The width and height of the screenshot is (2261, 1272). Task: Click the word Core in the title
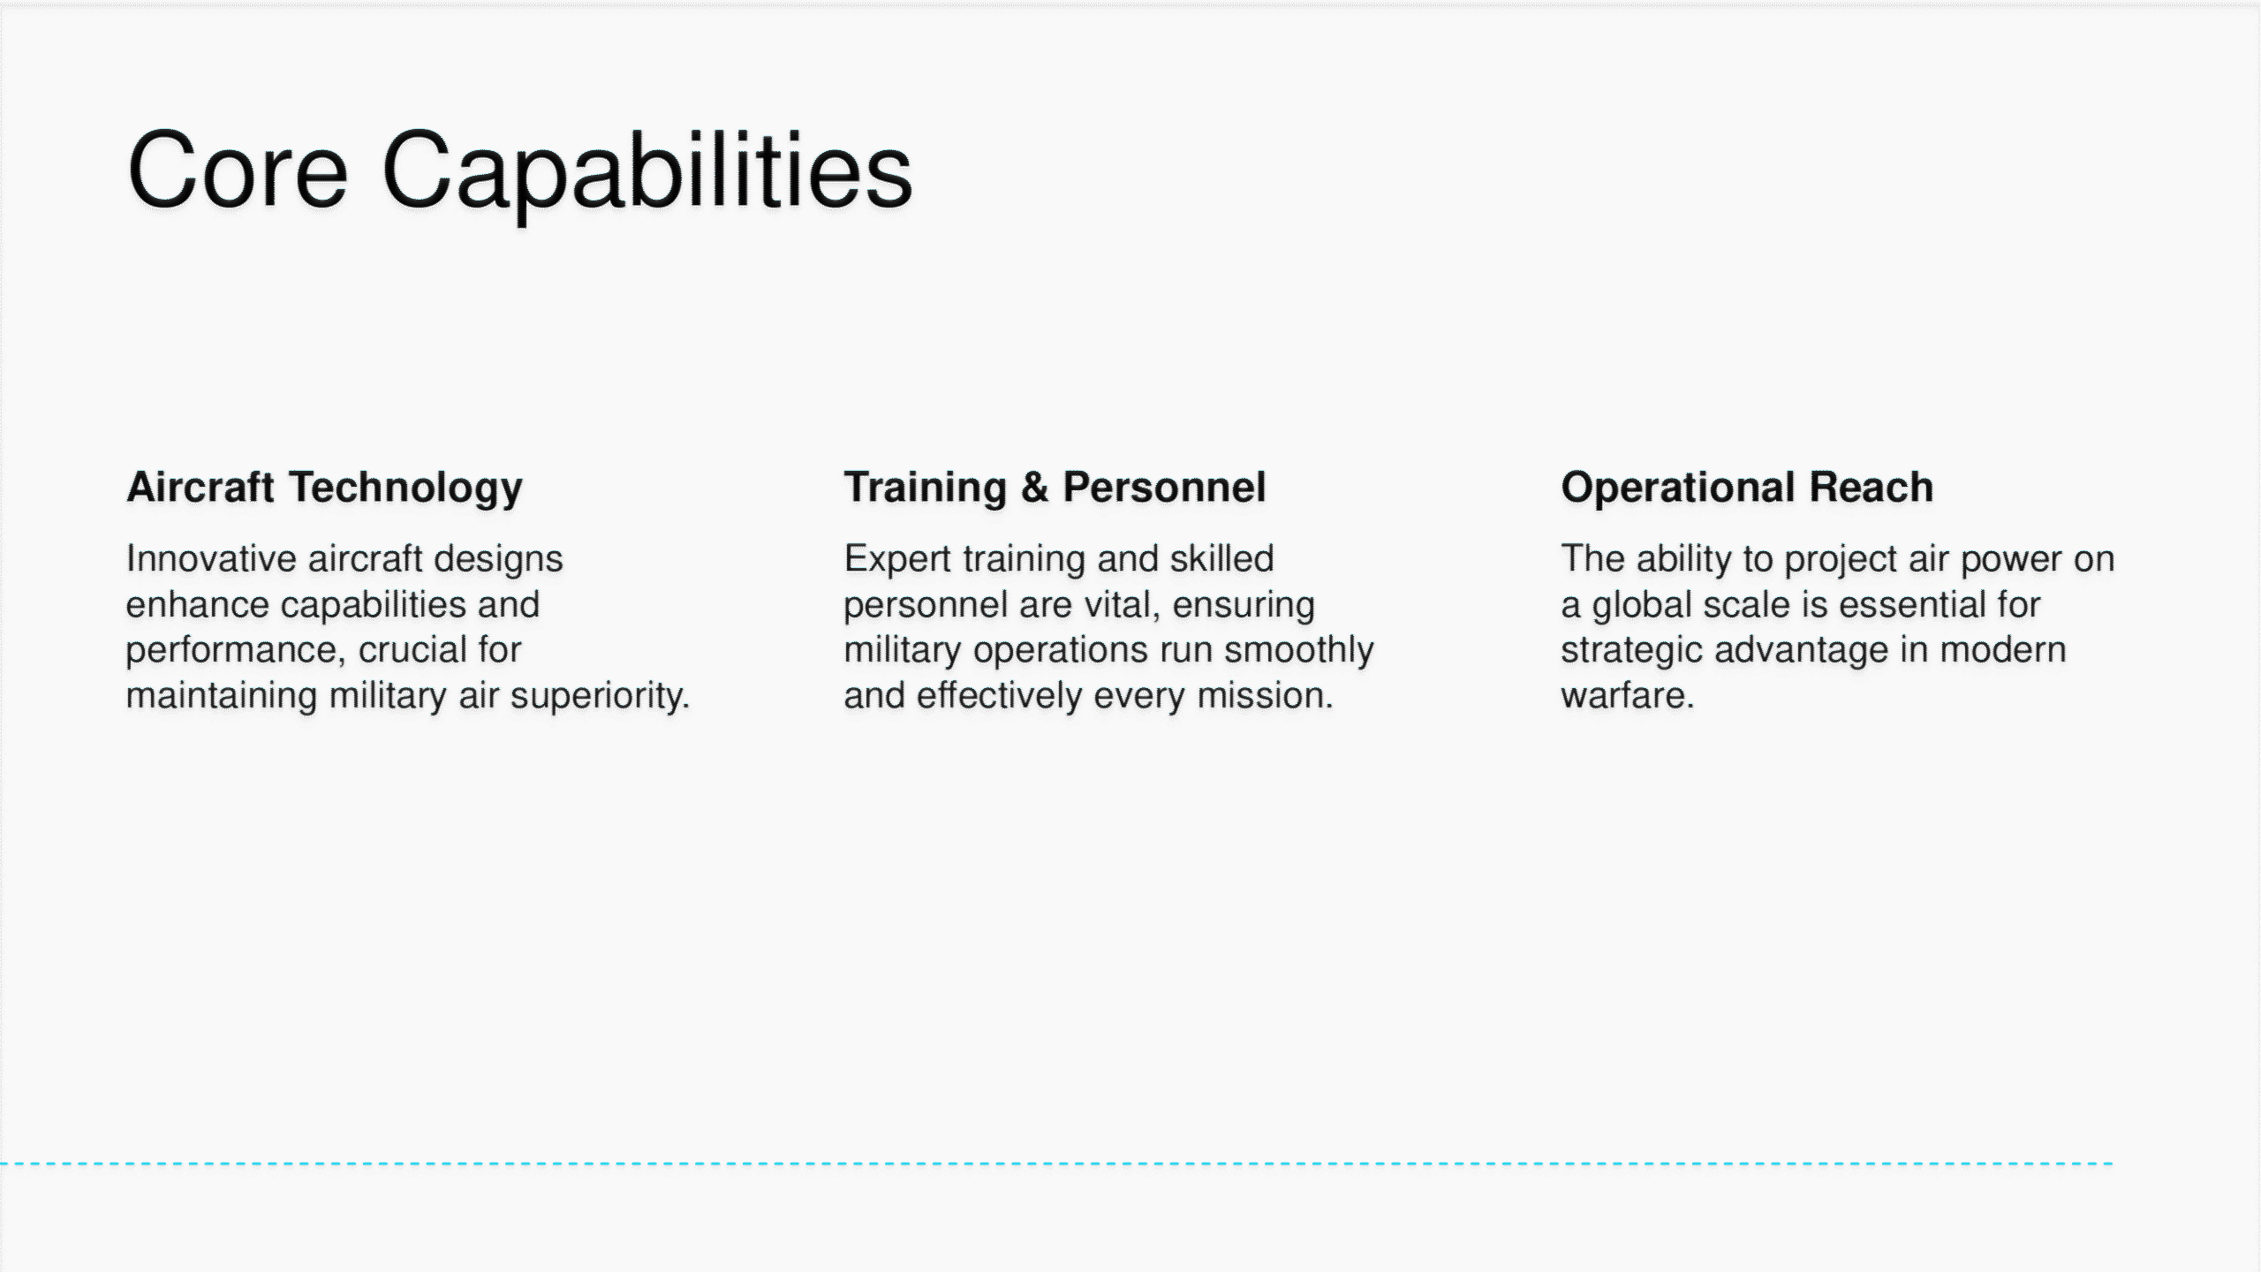coord(238,170)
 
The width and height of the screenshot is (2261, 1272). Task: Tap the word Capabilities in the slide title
coord(647,175)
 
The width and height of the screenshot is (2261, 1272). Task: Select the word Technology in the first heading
coord(406,488)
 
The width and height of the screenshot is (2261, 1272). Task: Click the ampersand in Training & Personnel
coord(1034,488)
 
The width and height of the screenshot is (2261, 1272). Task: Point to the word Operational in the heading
coord(1679,488)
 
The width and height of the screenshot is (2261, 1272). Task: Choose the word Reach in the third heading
coord(1872,488)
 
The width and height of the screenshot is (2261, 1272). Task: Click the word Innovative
coord(211,558)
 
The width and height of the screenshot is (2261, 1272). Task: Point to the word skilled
coord(1221,558)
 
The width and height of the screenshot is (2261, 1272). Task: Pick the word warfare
coord(1628,696)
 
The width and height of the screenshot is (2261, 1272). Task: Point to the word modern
coord(2002,650)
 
